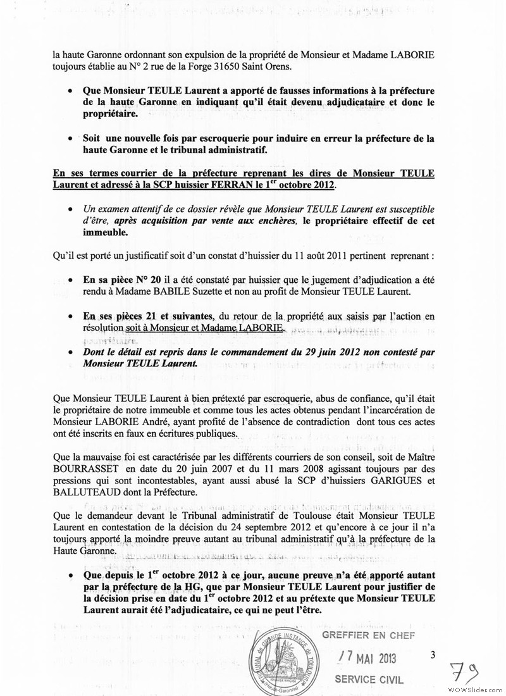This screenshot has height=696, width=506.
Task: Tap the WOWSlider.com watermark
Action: click(473, 688)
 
